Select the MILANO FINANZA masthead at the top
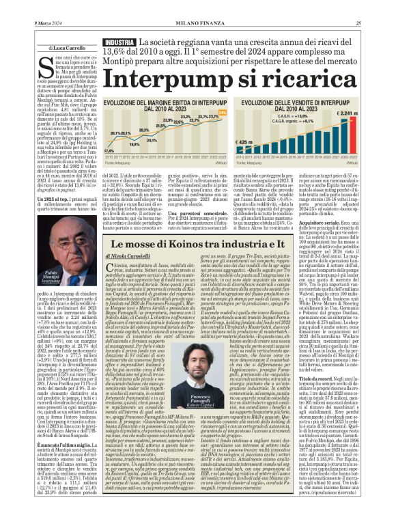197,23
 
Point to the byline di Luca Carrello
65,48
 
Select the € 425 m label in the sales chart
245,142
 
